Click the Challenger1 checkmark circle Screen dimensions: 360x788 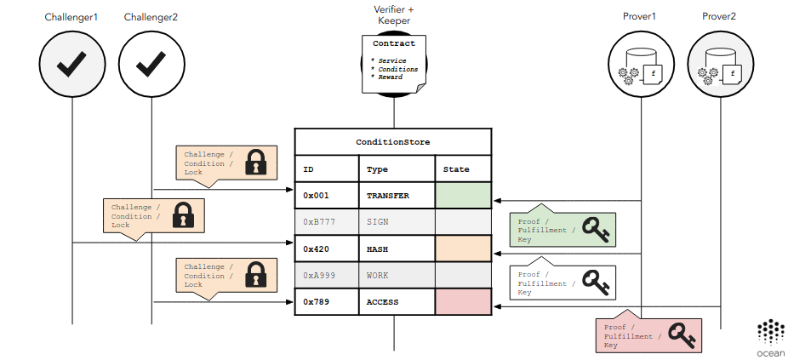click(x=72, y=64)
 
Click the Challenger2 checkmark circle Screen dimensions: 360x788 click(x=151, y=64)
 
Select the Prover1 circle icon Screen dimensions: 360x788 click(x=640, y=64)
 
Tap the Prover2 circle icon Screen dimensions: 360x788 click(x=720, y=64)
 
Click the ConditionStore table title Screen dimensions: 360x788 click(x=393, y=141)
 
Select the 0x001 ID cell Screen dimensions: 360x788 click(x=326, y=196)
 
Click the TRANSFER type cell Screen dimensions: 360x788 click(x=397, y=196)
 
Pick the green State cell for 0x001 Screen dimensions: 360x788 click(x=463, y=196)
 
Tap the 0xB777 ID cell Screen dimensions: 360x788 click(x=326, y=222)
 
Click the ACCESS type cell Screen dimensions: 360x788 click(x=397, y=301)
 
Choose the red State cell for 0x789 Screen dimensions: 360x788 click(x=463, y=301)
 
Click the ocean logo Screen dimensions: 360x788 click(x=770, y=338)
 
